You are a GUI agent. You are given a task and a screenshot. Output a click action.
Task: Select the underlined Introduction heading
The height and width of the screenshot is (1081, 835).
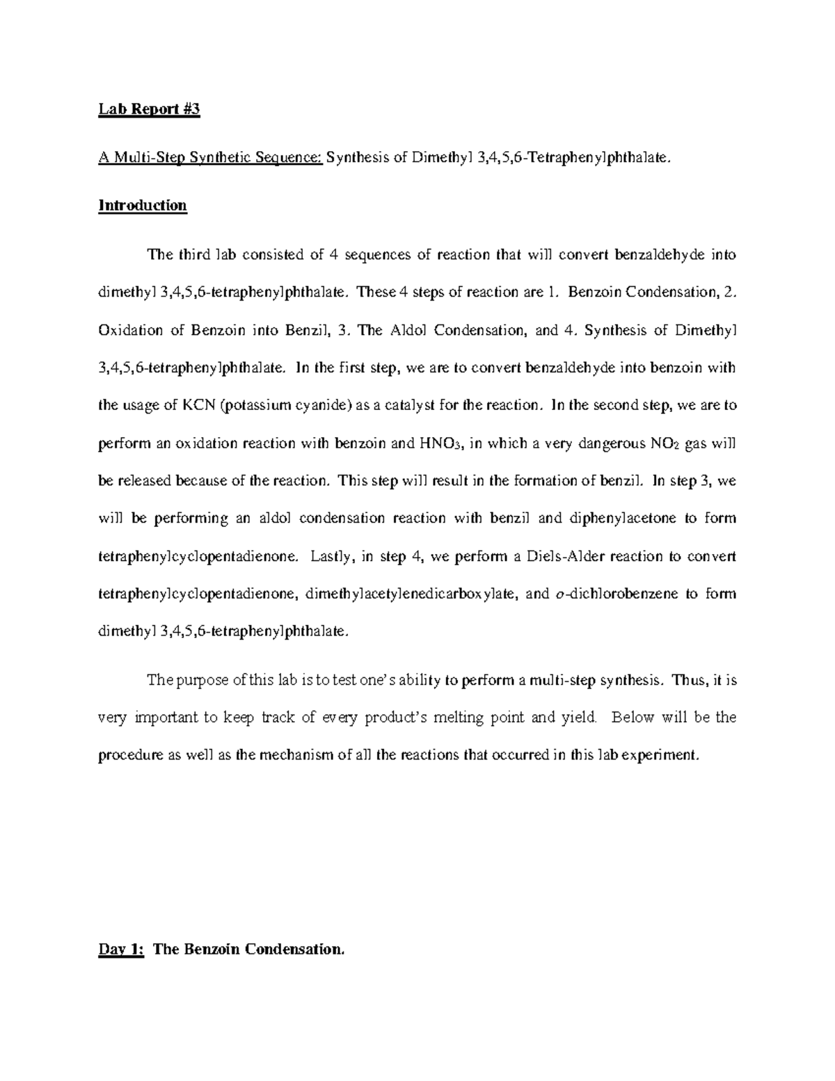pyautogui.click(x=143, y=205)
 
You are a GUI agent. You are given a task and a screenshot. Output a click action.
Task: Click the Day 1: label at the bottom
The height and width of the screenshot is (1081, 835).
pyautogui.click(x=120, y=949)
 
